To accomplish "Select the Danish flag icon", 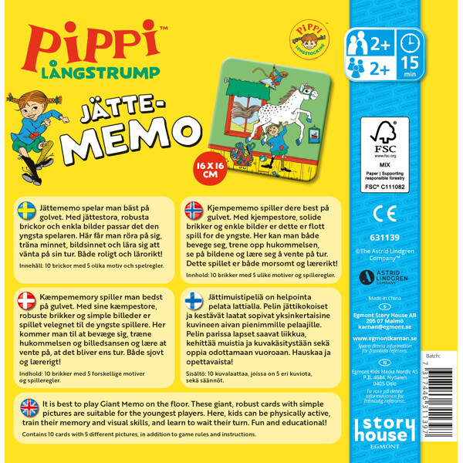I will pyautogui.click(x=26, y=301).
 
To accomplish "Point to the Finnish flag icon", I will pyautogui.click(x=194, y=301).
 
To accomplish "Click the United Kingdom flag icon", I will pyautogui.click(x=29, y=406).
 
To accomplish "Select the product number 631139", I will pyautogui.click(x=385, y=238).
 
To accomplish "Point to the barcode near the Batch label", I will pyautogui.click(x=432, y=402).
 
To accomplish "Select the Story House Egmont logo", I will pyautogui.click(x=385, y=434).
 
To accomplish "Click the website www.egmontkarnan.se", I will pyautogui.click(x=385, y=338).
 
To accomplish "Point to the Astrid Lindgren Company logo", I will pyautogui.click(x=384, y=279).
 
